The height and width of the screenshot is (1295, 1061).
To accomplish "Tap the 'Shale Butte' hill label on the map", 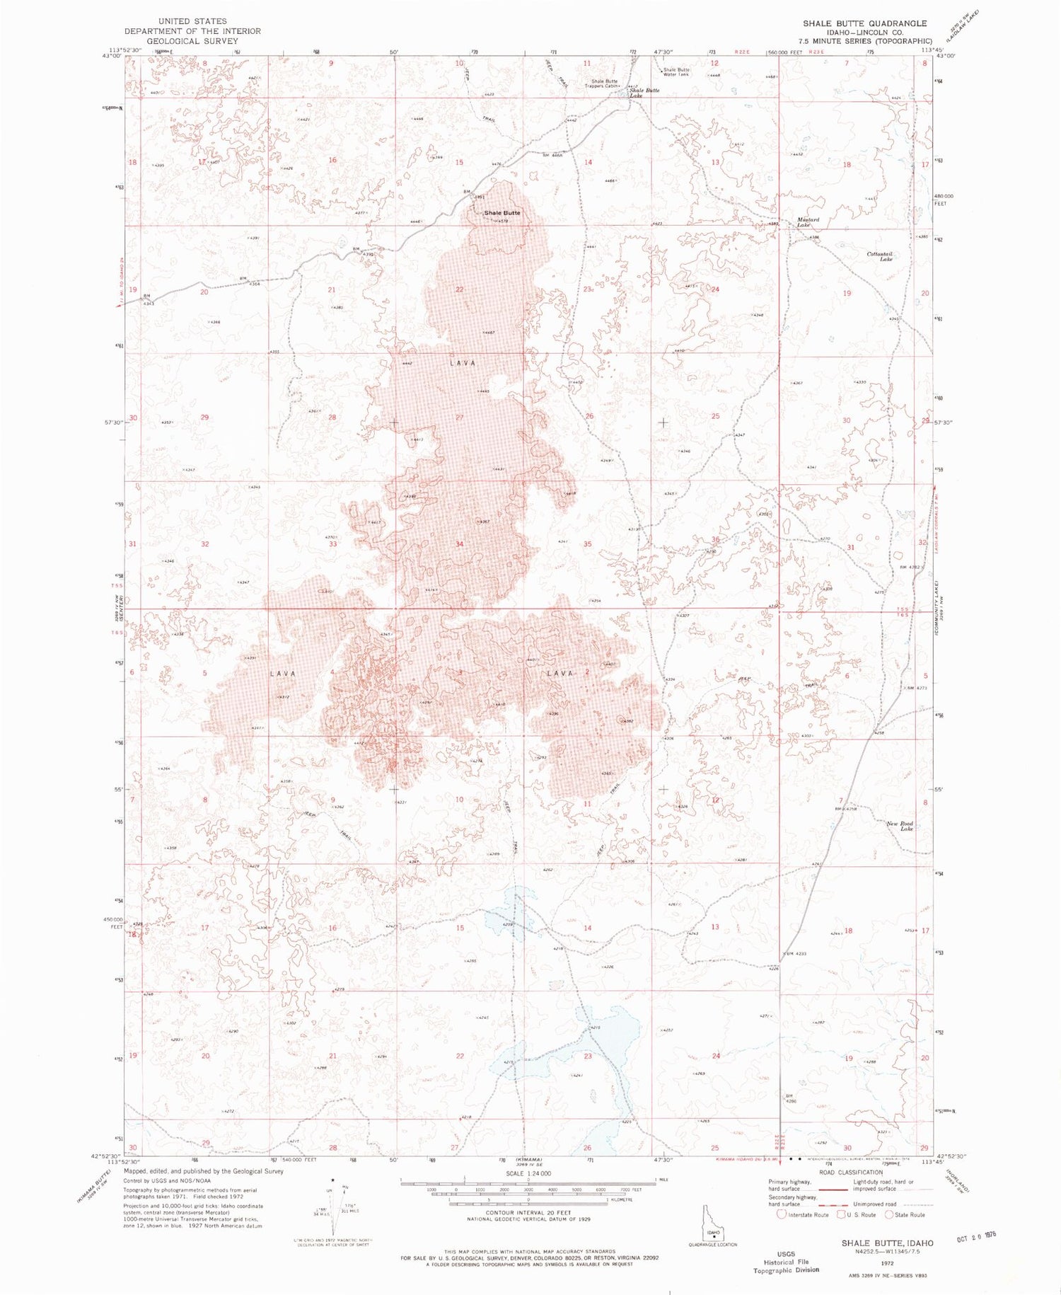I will click(502, 213).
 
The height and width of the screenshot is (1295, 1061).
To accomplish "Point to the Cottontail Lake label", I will click(881, 256).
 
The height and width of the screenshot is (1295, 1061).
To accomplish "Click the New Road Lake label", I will click(901, 826).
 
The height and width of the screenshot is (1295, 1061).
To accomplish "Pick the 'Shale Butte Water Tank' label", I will click(676, 72).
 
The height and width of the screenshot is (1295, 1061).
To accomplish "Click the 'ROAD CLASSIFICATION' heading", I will click(850, 1173).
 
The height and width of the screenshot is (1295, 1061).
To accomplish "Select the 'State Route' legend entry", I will click(909, 1215).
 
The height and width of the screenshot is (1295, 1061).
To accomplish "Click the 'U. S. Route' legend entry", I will click(860, 1215).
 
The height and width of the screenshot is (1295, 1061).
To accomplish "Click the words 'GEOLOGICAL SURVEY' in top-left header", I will click(192, 41).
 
